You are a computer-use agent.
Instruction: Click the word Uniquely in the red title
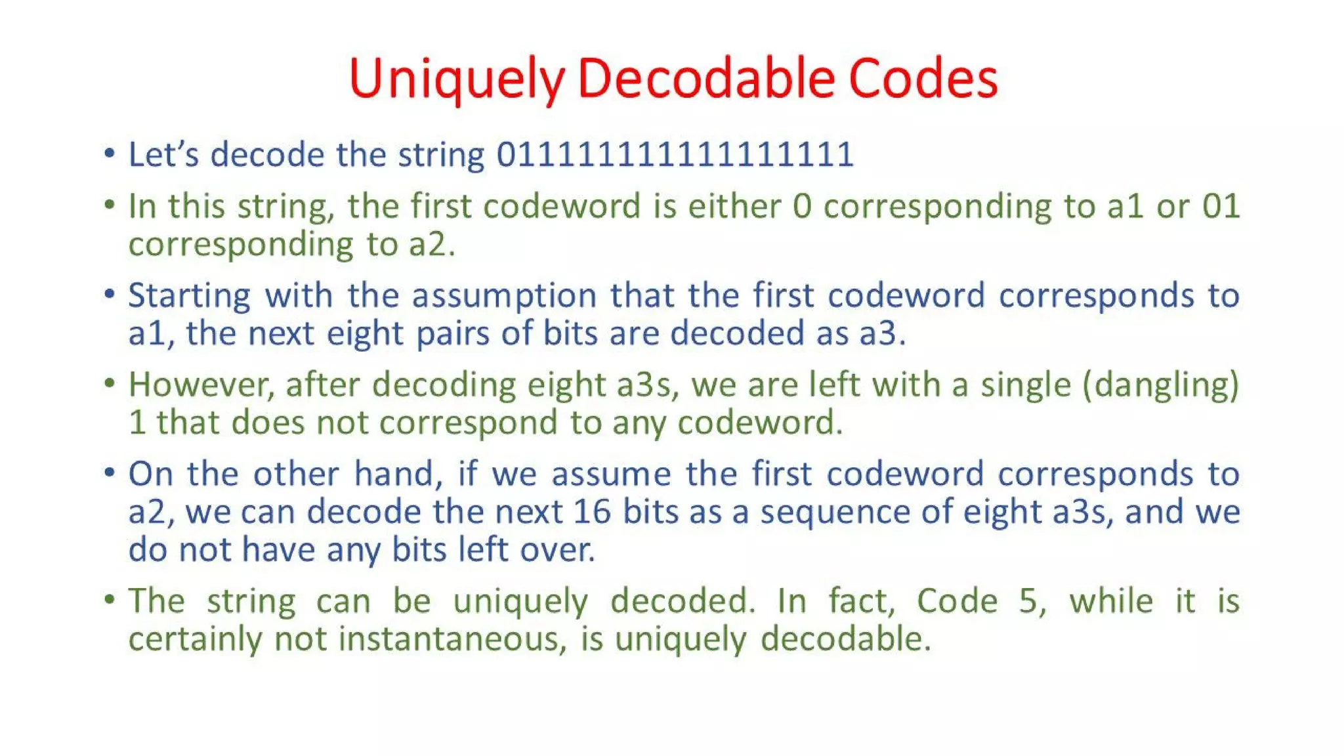(456, 79)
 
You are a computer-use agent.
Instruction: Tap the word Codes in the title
(923, 79)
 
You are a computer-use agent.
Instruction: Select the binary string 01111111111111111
(675, 155)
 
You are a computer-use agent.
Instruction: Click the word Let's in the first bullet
(163, 155)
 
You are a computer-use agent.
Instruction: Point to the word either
(734, 206)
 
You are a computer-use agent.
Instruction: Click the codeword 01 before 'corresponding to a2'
(1221, 206)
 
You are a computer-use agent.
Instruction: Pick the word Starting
(189, 295)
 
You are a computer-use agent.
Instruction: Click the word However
(201, 385)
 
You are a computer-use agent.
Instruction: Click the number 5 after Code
(1028, 600)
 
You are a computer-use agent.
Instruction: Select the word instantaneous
(452, 639)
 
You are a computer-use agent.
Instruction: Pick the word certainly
(195, 639)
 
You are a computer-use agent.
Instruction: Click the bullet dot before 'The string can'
(110, 599)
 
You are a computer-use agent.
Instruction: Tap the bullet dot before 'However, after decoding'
(110, 383)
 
